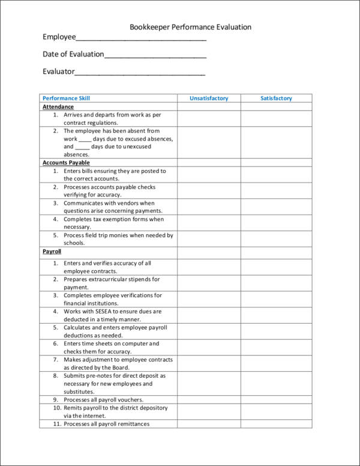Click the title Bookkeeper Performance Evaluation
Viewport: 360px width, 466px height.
[x=190, y=27]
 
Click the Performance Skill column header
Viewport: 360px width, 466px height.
[x=67, y=98]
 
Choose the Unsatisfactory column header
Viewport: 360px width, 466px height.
[x=209, y=98]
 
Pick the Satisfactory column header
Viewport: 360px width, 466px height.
[x=276, y=98]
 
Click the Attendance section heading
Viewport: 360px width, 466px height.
[x=58, y=107]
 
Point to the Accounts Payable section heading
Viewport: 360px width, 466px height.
[x=66, y=163]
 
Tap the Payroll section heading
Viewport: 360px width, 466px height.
[x=52, y=252]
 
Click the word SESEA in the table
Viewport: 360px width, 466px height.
[x=106, y=312]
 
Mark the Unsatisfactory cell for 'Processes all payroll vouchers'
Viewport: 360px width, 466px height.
[x=209, y=400]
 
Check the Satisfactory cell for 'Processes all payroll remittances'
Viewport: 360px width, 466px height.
[x=276, y=424]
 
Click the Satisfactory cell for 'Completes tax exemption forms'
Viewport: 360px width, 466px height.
[x=276, y=223]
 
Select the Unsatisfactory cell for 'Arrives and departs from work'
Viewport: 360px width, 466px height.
[x=209, y=118]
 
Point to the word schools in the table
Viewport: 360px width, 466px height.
[x=75, y=244]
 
